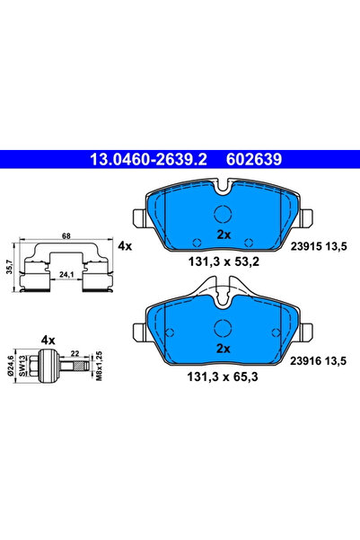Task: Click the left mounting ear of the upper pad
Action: point(138,219)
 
